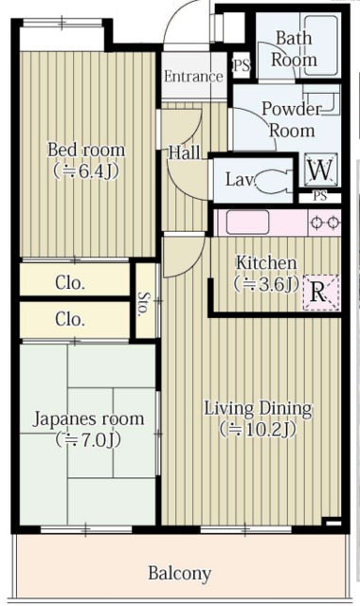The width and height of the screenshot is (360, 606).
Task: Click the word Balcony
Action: click(x=179, y=574)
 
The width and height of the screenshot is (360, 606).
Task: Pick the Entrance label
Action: click(x=192, y=77)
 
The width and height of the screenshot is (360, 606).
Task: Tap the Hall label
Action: click(x=184, y=151)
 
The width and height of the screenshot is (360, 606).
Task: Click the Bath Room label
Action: click(x=295, y=48)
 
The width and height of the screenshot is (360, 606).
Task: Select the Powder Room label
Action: click(x=292, y=119)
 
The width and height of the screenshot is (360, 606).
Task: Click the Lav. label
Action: click(x=238, y=177)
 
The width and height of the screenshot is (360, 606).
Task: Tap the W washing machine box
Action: click(x=320, y=171)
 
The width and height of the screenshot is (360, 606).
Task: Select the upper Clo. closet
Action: click(x=70, y=282)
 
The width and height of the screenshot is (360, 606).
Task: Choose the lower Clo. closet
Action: click(x=70, y=318)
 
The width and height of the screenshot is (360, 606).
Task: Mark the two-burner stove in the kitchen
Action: click(x=325, y=223)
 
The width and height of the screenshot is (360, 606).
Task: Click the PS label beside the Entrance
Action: click(x=241, y=67)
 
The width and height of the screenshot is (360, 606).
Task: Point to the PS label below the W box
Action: click(x=320, y=197)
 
